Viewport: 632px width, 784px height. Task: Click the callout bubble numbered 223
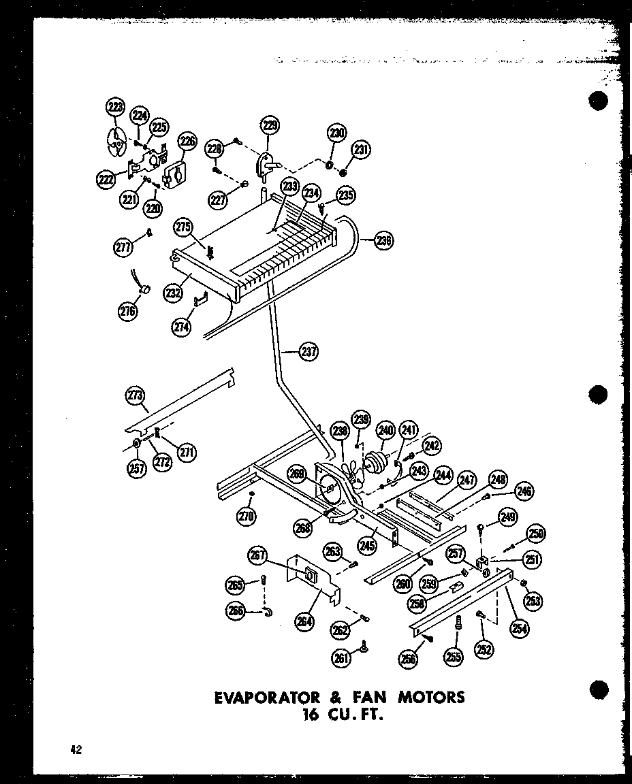tap(116, 107)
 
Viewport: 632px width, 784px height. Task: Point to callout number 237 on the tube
tap(309, 352)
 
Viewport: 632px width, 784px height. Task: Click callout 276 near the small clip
tap(127, 311)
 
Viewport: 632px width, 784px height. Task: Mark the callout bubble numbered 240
tap(386, 429)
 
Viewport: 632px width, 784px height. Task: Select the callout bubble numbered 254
tap(520, 628)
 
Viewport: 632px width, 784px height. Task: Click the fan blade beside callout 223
tap(116, 144)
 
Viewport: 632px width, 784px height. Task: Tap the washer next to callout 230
tap(330, 165)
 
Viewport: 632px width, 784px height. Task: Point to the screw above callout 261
tap(365, 644)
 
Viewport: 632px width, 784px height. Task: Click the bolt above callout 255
tap(457, 622)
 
